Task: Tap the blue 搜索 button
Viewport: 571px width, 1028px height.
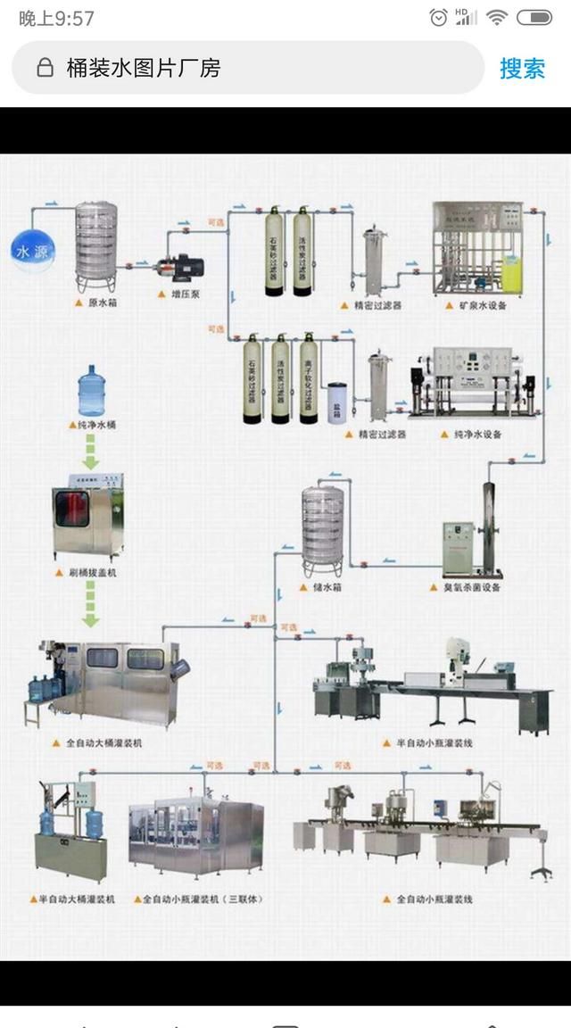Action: [522, 69]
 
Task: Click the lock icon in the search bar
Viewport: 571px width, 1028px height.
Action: [45, 69]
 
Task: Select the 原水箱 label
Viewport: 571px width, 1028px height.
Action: [103, 303]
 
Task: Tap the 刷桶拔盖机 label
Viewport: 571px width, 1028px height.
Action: [93, 572]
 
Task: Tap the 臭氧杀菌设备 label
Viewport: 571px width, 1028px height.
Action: [470, 588]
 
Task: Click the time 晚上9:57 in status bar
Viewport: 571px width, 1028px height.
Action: [56, 18]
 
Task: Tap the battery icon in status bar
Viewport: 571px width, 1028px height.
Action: [534, 17]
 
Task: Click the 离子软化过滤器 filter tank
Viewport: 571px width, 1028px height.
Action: [309, 379]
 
